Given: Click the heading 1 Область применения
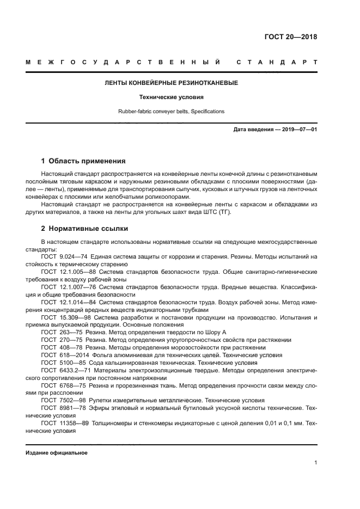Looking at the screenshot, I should (83, 161).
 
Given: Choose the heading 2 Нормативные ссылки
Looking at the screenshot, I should (84, 229).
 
